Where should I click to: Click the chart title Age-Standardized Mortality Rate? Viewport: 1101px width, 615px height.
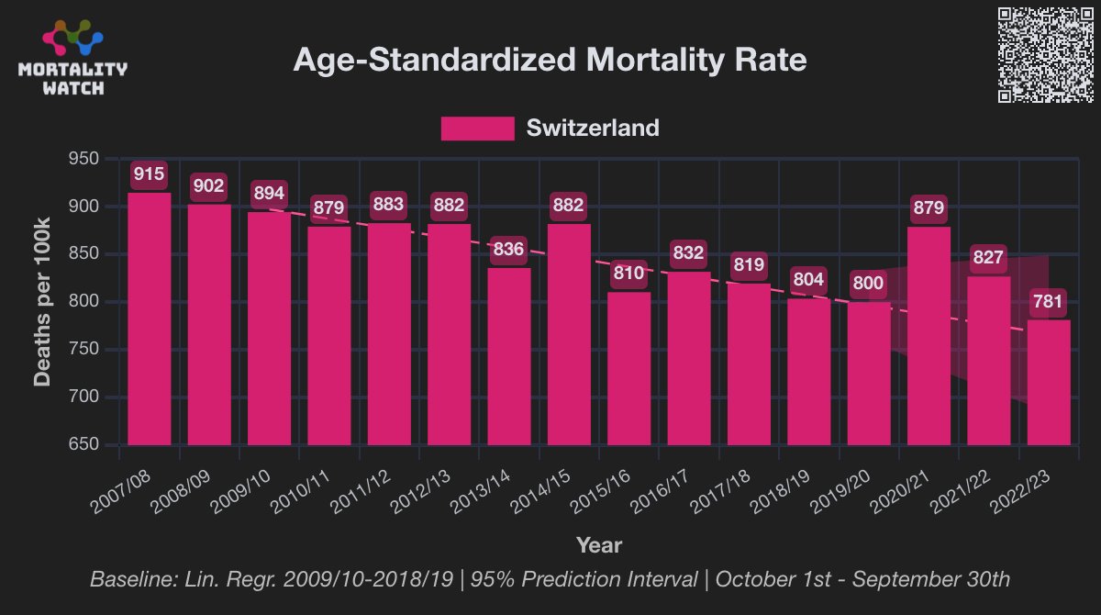coord(550,61)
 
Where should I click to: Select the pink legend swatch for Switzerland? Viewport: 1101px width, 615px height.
coord(477,128)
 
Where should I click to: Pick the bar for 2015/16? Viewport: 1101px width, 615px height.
coord(628,368)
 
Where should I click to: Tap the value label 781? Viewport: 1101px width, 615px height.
coord(1049,303)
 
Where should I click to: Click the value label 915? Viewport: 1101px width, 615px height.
coord(149,173)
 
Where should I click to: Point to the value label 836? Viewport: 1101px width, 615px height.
coord(508,249)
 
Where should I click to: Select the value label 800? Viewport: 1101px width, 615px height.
coord(868,283)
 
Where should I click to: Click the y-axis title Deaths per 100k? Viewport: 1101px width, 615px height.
coord(43,302)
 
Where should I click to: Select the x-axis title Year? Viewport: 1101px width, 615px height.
coord(598,545)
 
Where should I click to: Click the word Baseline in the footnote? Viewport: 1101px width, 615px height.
coord(128,580)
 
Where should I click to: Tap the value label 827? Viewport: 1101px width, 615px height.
coord(989,258)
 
